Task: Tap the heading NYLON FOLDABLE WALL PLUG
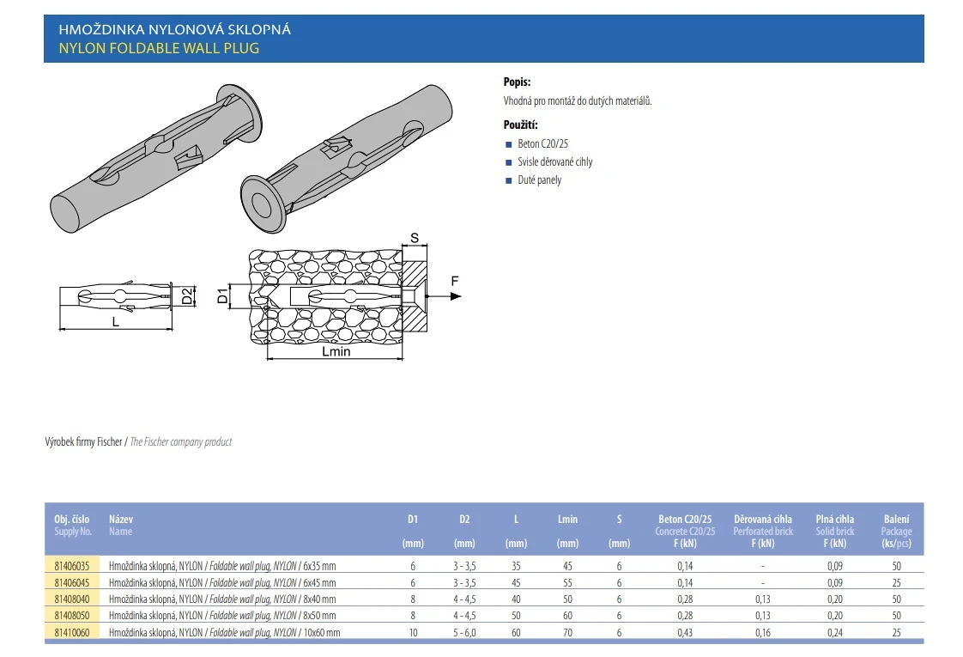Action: tap(159, 48)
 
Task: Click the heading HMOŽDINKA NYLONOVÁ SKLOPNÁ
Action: tap(174, 29)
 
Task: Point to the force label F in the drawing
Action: tap(455, 281)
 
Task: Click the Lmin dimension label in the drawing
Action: tap(336, 351)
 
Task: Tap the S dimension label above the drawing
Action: tap(414, 238)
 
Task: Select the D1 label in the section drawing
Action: tap(221, 297)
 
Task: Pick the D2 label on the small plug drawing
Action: tap(186, 297)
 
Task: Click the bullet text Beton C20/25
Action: tap(542, 143)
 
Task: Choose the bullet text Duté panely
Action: tap(539, 180)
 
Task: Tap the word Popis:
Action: tap(517, 82)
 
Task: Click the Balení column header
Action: tap(897, 519)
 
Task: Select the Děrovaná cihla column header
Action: tap(763, 519)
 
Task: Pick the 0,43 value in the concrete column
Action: tap(685, 632)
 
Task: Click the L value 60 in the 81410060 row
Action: tap(516, 632)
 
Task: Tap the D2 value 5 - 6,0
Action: tap(464, 632)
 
